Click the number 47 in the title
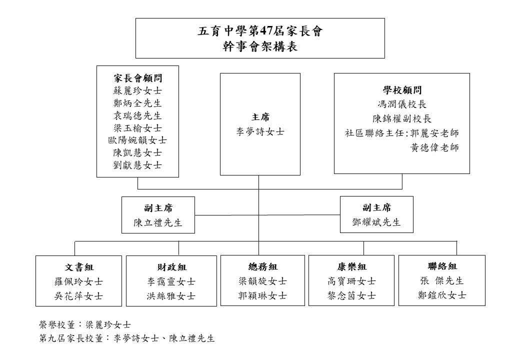coord(266,31)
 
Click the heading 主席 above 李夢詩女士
coord(260,117)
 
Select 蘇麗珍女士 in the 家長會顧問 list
coord(137,90)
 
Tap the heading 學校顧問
coord(402,90)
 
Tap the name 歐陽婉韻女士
coord(137,140)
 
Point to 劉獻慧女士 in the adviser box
coord(137,165)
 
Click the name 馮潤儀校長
coord(402,104)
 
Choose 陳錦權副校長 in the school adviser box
coord(402,118)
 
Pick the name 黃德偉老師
coord(434,147)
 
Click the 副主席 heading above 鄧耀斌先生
coord(376,207)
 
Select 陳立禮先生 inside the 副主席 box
coord(158,222)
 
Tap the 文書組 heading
coord(79,267)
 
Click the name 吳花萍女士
coord(78,296)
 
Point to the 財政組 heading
coord(172,267)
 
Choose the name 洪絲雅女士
coord(171,296)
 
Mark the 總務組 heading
coord(262,266)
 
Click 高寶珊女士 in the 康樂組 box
coord(351,281)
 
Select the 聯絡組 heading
coord(442,266)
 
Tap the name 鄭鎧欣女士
coord(442,295)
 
